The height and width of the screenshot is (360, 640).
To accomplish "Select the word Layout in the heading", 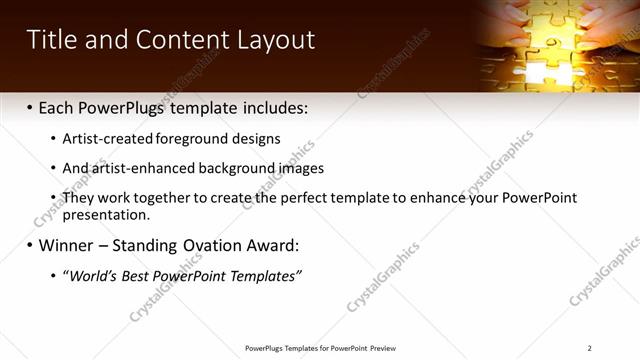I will (275, 40).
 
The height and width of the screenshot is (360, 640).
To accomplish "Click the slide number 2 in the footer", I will (590, 348).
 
